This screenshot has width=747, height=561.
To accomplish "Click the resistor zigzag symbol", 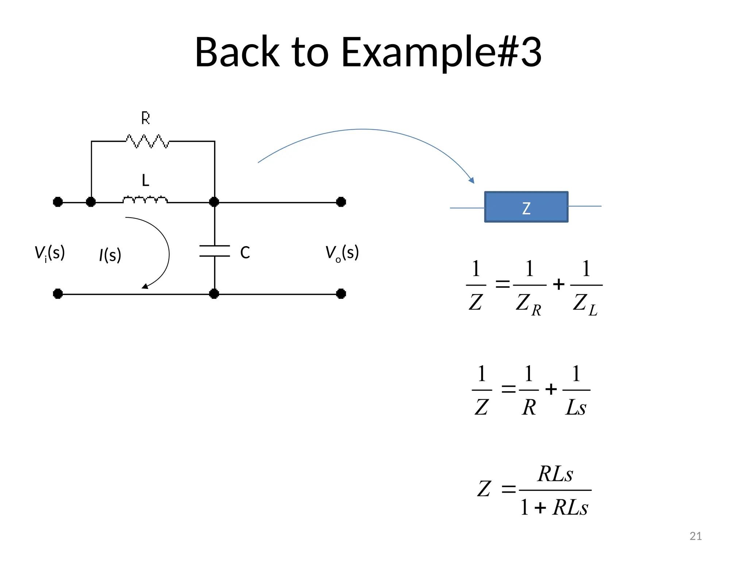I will pyautogui.click(x=147, y=141).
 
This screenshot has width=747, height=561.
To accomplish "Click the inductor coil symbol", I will pyautogui.click(x=145, y=200).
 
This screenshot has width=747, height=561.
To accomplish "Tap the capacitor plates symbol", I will pyautogui.click(x=214, y=251).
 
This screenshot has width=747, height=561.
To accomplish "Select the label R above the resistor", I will pyautogui.click(x=146, y=118).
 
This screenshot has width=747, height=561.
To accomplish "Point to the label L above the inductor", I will pyautogui.click(x=146, y=180).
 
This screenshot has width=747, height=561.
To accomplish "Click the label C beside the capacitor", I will pyautogui.click(x=245, y=252).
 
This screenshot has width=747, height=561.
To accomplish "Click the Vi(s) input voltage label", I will pyautogui.click(x=50, y=253).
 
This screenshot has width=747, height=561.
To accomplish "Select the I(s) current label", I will pyautogui.click(x=110, y=255).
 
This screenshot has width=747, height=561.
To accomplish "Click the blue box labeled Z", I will pyautogui.click(x=526, y=207).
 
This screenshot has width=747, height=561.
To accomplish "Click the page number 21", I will pyautogui.click(x=696, y=536).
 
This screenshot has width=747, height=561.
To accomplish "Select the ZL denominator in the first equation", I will pyautogui.click(x=585, y=304).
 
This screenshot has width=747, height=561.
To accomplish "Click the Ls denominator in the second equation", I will pyautogui.click(x=576, y=407).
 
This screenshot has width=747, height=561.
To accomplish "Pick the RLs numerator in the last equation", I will pyautogui.click(x=555, y=474).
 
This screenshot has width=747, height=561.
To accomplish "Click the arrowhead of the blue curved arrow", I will pyautogui.click(x=472, y=180).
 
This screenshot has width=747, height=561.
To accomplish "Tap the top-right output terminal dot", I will pyautogui.click(x=341, y=202).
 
